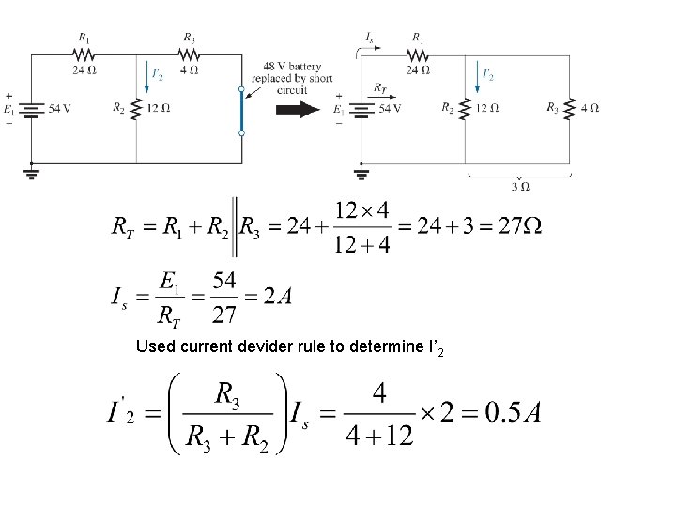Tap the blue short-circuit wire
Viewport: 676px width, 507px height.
241,112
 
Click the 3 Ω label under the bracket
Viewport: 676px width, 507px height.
516,186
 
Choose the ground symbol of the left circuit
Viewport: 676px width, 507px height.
32,172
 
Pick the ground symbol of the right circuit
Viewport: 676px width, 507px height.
361,172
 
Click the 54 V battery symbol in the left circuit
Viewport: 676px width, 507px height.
32,108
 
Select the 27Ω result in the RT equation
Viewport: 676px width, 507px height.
517,226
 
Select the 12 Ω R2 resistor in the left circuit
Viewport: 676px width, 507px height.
138,108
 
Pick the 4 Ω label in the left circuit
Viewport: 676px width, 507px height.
190,68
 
